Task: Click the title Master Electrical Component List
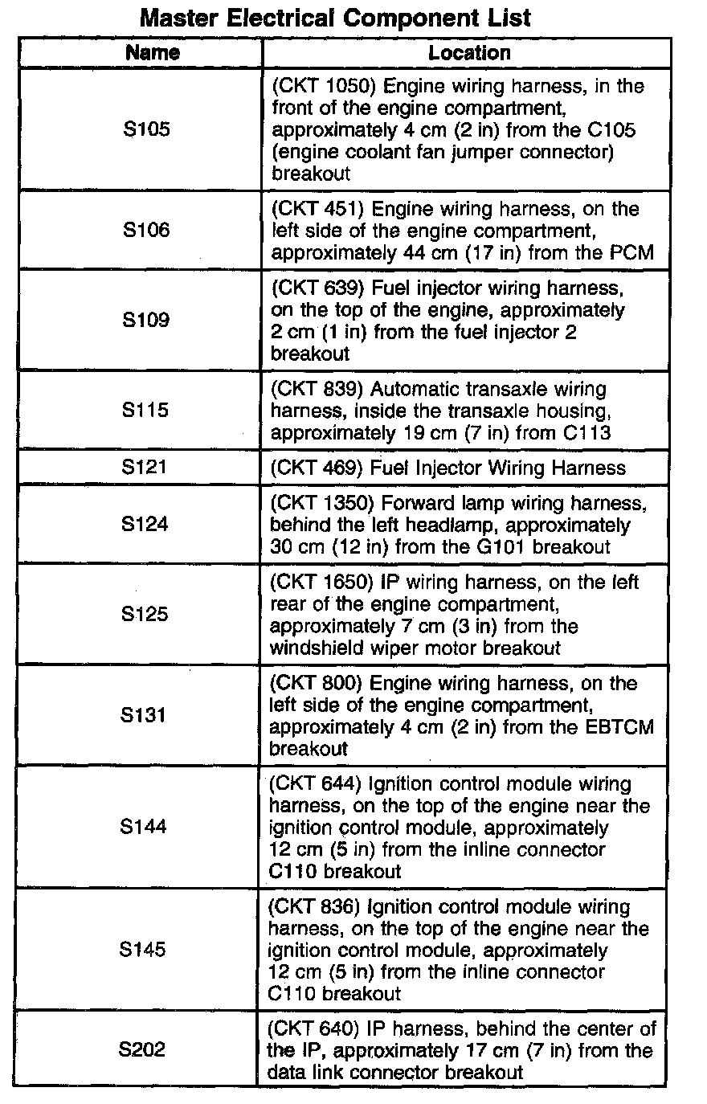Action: pos(335,18)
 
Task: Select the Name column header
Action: pos(153,53)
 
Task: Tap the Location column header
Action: pos(469,53)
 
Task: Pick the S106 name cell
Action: pos(146,231)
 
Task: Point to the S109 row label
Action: pos(146,320)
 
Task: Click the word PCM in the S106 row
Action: pos(631,253)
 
